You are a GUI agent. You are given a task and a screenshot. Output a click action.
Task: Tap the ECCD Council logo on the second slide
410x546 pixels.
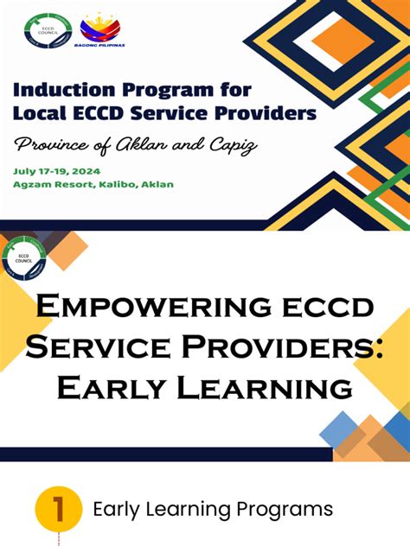tap(23, 257)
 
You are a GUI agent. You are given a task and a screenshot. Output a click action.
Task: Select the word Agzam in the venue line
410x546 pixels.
tap(35, 184)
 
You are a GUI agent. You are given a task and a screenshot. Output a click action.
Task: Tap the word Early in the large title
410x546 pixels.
tap(107, 387)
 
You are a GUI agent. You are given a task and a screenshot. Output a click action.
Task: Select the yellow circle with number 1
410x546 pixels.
tap(59, 509)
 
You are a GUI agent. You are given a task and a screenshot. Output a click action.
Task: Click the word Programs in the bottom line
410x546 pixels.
tap(277, 509)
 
